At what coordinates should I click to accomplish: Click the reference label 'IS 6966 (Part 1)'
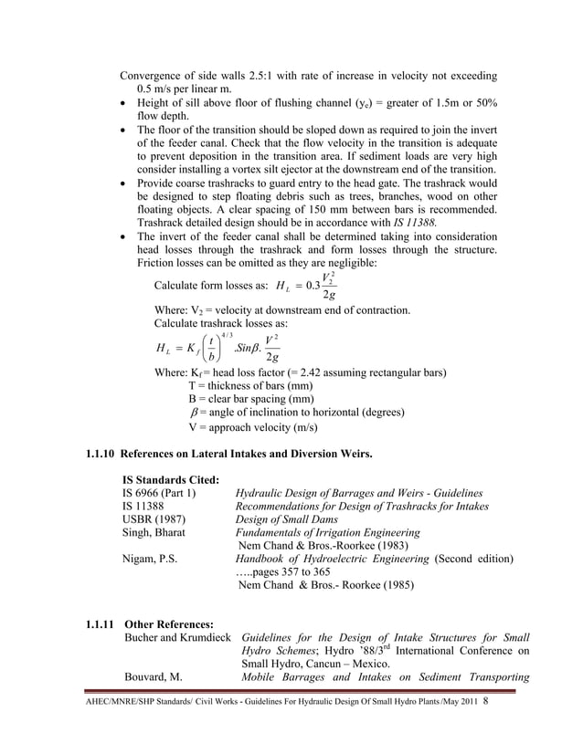(x=160, y=494)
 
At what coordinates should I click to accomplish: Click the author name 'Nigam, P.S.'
(x=152, y=559)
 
